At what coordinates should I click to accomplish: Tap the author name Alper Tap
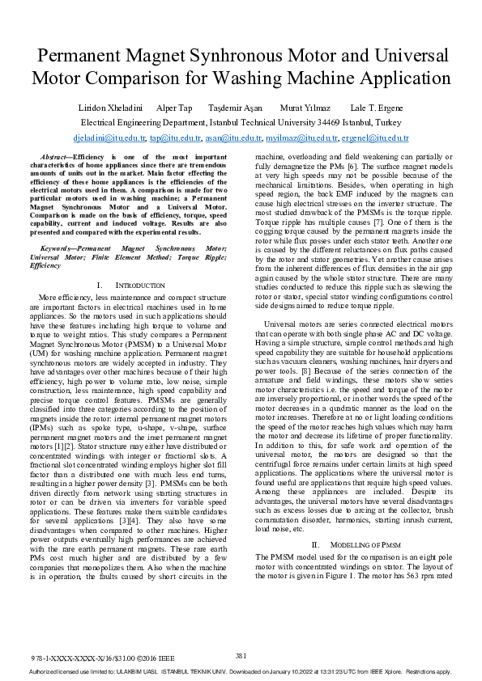(174, 108)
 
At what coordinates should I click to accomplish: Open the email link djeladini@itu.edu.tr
(109, 139)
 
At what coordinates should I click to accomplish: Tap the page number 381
(241, 655)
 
